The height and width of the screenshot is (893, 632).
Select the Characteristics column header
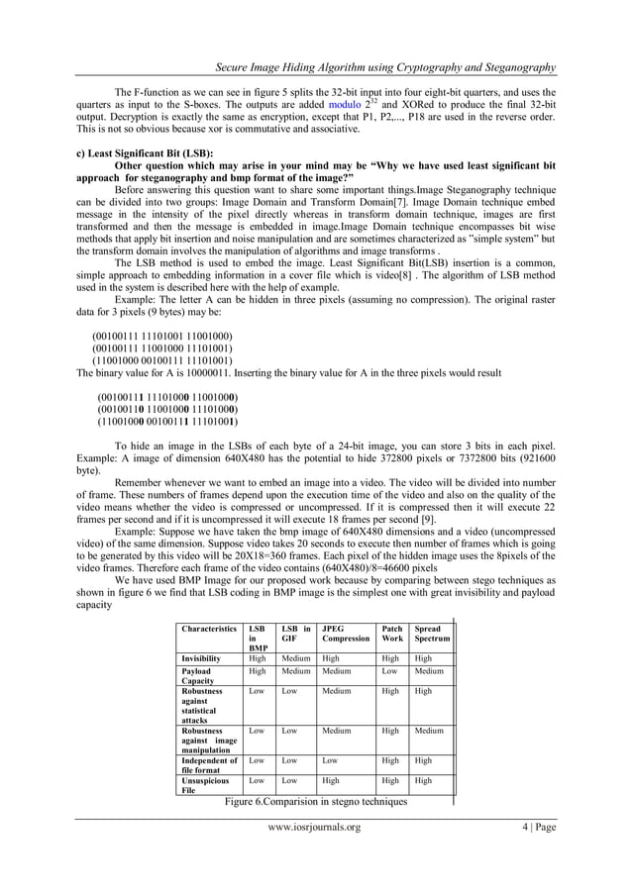[209, 628]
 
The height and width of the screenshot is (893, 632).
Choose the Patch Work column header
[390, 634]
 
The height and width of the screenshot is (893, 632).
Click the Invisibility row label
[206, 657]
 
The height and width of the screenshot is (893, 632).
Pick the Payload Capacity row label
[202, 675]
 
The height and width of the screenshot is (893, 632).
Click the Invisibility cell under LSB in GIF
[296, 657]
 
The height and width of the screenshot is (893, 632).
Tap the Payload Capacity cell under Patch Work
[389, 670]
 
